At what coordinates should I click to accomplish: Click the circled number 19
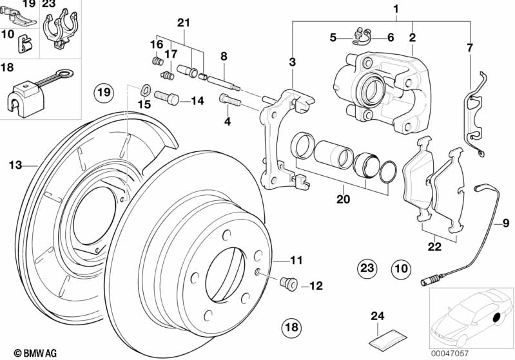104,92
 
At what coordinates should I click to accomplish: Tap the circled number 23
367,268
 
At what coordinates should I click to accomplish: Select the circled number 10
401,269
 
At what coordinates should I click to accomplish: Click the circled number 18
291,327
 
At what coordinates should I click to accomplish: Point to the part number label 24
377,316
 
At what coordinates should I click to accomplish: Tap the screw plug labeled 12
288,283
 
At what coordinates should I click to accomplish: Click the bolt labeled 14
166,97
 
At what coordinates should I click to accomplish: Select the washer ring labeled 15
146,89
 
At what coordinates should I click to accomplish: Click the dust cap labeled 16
159,61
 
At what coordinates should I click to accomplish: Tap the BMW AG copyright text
35,353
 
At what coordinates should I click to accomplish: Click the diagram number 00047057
450,354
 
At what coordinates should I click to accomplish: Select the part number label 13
15,165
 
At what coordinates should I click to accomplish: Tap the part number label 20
343,199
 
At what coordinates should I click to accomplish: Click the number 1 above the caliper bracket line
396,9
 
